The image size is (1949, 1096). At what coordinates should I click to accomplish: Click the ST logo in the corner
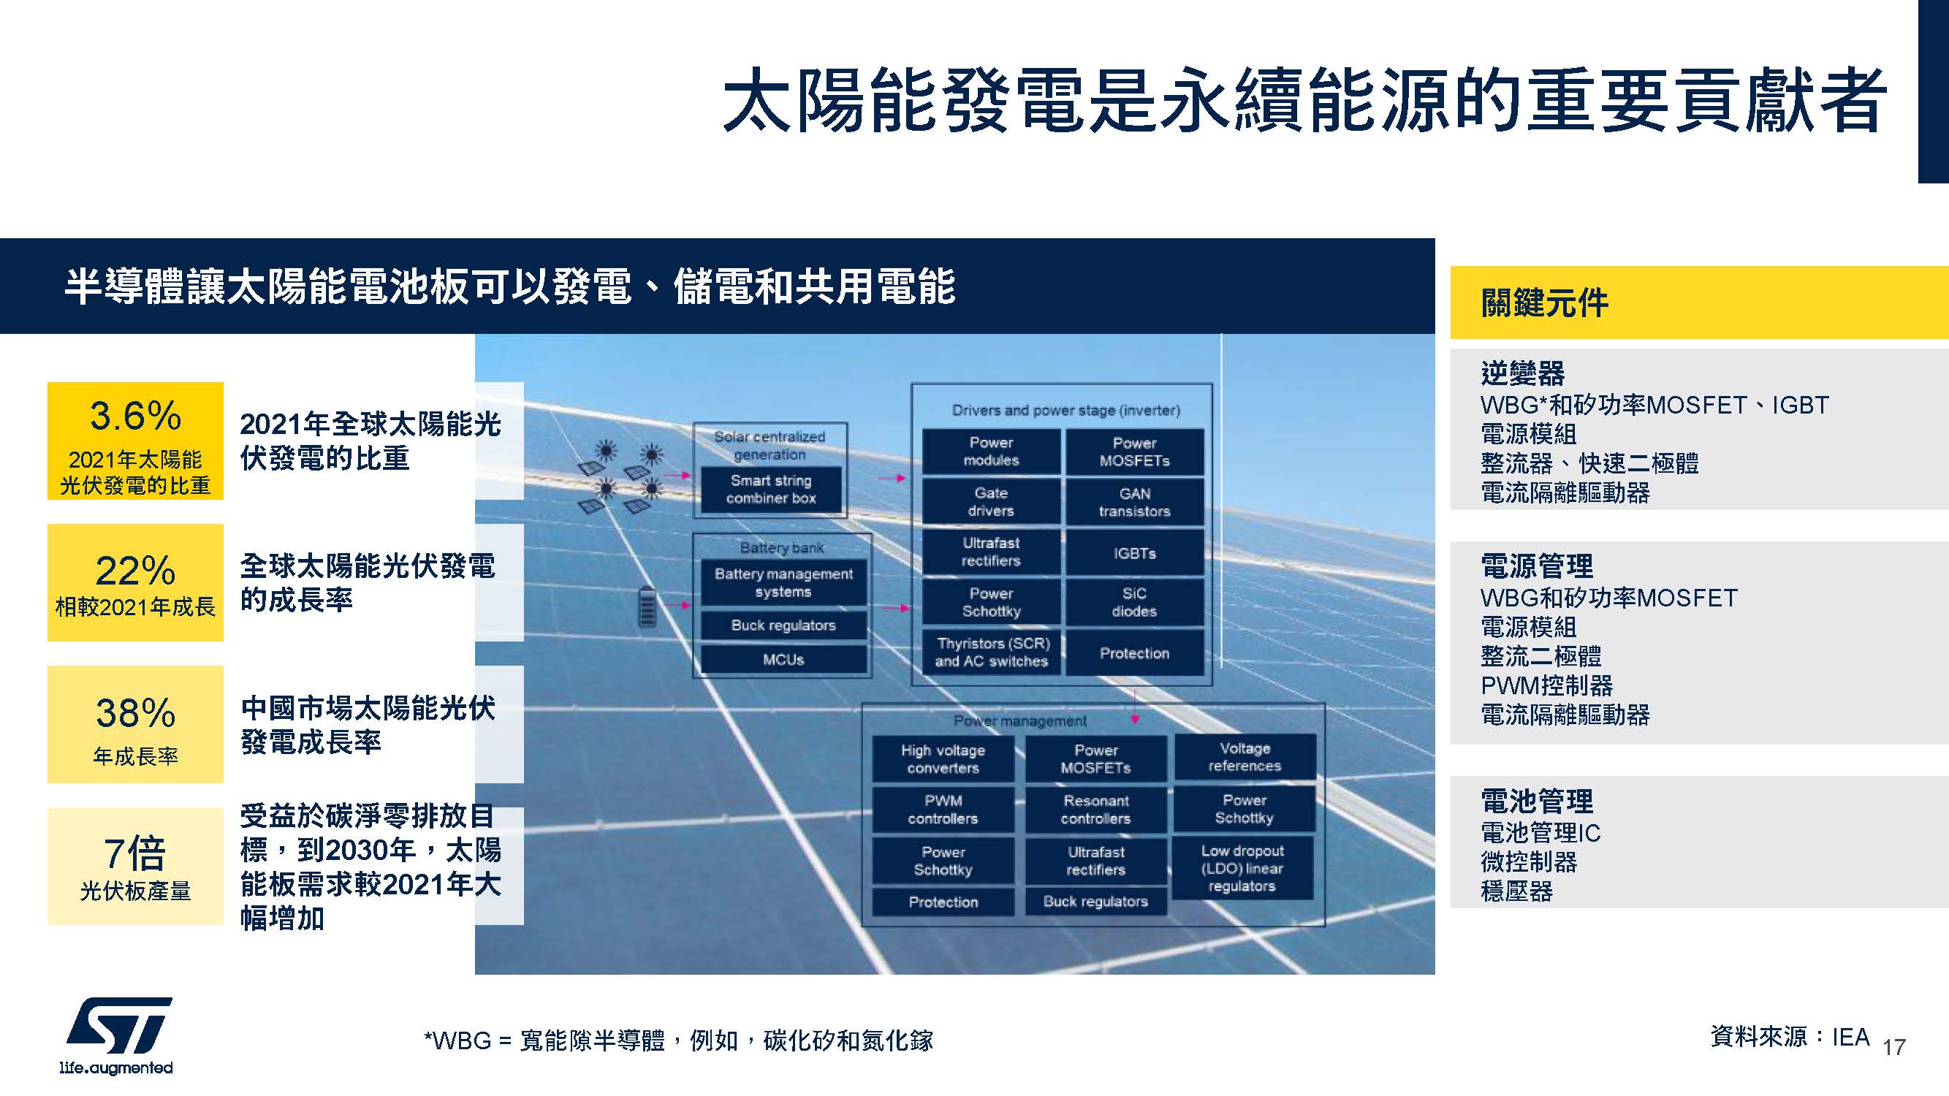pos(117,1035)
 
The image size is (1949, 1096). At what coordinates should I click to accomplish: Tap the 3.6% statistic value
pos(135,415)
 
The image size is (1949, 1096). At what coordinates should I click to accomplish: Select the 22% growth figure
pos(135,571)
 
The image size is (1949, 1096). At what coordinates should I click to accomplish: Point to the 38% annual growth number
pos(135,712)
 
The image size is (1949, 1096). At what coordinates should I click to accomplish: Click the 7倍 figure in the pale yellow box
pos(135,853)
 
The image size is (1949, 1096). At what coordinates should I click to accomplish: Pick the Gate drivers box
pos(991,501)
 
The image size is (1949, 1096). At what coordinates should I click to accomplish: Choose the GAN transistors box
pos(1134,501)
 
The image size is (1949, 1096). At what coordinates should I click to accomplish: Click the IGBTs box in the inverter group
pos(1134,553)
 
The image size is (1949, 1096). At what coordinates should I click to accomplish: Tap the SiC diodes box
pos(1134,602)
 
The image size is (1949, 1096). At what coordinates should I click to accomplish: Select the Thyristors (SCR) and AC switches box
pos(991,652)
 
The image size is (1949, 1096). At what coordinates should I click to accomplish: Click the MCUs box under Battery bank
pos(783,660)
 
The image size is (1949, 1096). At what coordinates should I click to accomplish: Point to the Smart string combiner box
pos(771,490)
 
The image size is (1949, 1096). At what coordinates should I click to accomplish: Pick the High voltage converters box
pos(943,758)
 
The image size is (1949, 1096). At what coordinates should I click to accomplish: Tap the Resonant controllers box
pos(1095,810)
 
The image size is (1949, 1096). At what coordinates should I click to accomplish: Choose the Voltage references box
pos(1245,757)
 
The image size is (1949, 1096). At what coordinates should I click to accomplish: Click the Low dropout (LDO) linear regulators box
pos(1242,868)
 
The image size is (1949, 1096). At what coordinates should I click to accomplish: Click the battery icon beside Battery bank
pos(647,607)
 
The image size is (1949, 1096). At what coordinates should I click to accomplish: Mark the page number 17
pos(1893,1047)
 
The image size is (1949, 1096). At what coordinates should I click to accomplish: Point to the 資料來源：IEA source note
pos(1790,1036)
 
